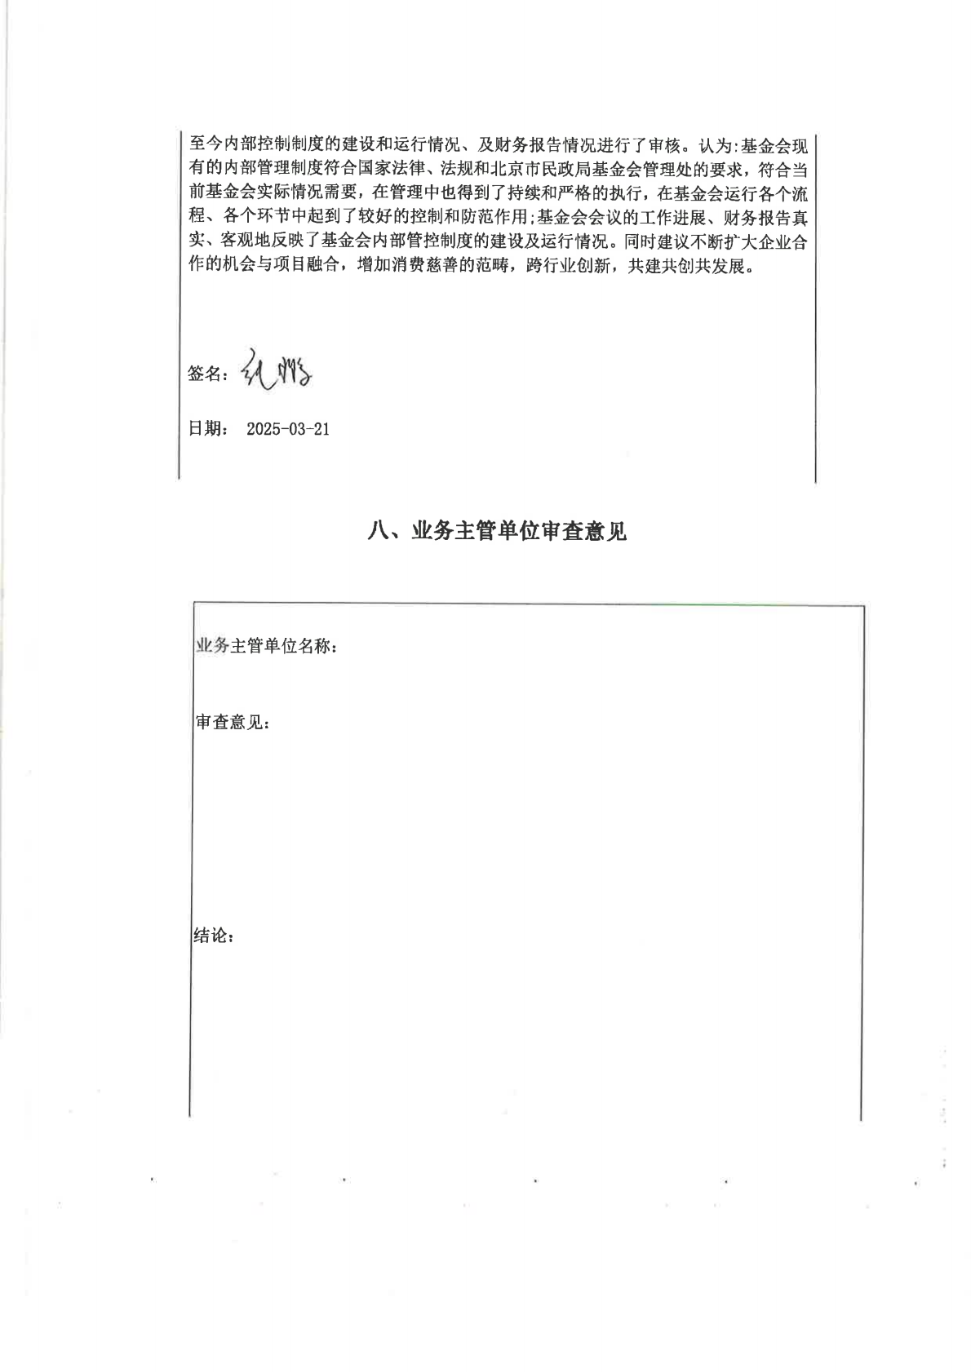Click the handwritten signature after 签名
(x=277, y=372)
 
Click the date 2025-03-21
(x=288, y=429)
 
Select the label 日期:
(x=208, y=429)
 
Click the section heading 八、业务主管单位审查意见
(x=498, y=532)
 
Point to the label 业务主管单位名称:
(x=266, y=646)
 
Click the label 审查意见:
(x=233, y=723)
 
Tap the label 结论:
(x=214, y=936)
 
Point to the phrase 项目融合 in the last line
(x=304, y=266)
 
